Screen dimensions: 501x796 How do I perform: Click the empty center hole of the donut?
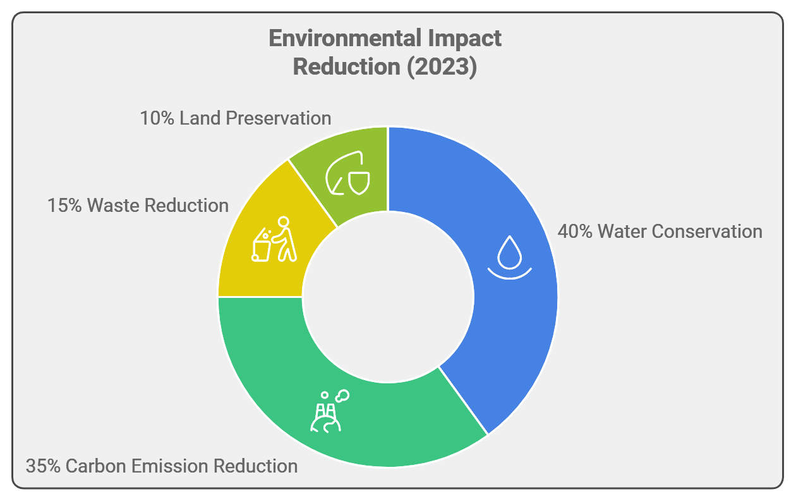pos(388,297)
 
